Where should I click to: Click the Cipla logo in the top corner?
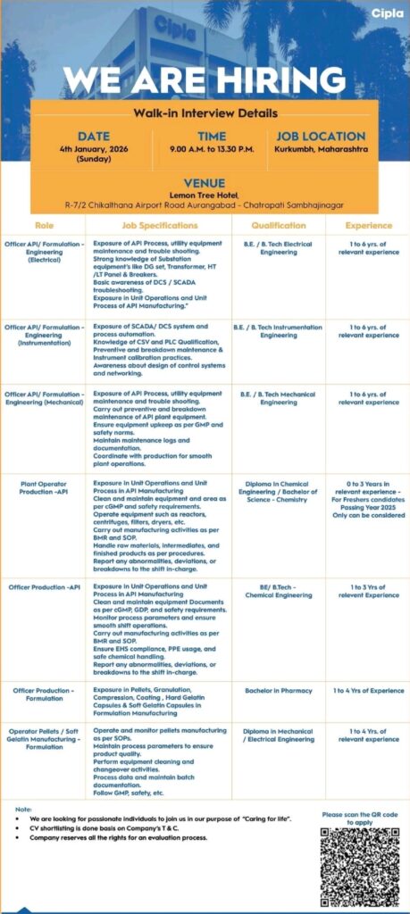pyautogui.click(x=386, y=12)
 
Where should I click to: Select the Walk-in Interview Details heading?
pyautogui.click(x=205, y=113)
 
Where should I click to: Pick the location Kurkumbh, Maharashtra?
pyautogui.click(x=321, y=149)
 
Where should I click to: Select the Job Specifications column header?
pyautogui.click(x=160, y=225)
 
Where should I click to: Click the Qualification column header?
pyautogui.click(x=278, y=225)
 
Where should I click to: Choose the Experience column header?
pyautogui.click(x=368, y=225)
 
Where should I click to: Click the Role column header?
pyautogui.click(x=45, y=225)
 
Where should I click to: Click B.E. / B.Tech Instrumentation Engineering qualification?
pyautogui.click(x=278, y=331)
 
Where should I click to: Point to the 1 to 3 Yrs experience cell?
pyautogui.click(x=368, y=590)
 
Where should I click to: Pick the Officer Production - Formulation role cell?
pyautogui.click(x=45, y=694)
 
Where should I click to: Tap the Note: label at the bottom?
pyautogui.click(x=24, y=809)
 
